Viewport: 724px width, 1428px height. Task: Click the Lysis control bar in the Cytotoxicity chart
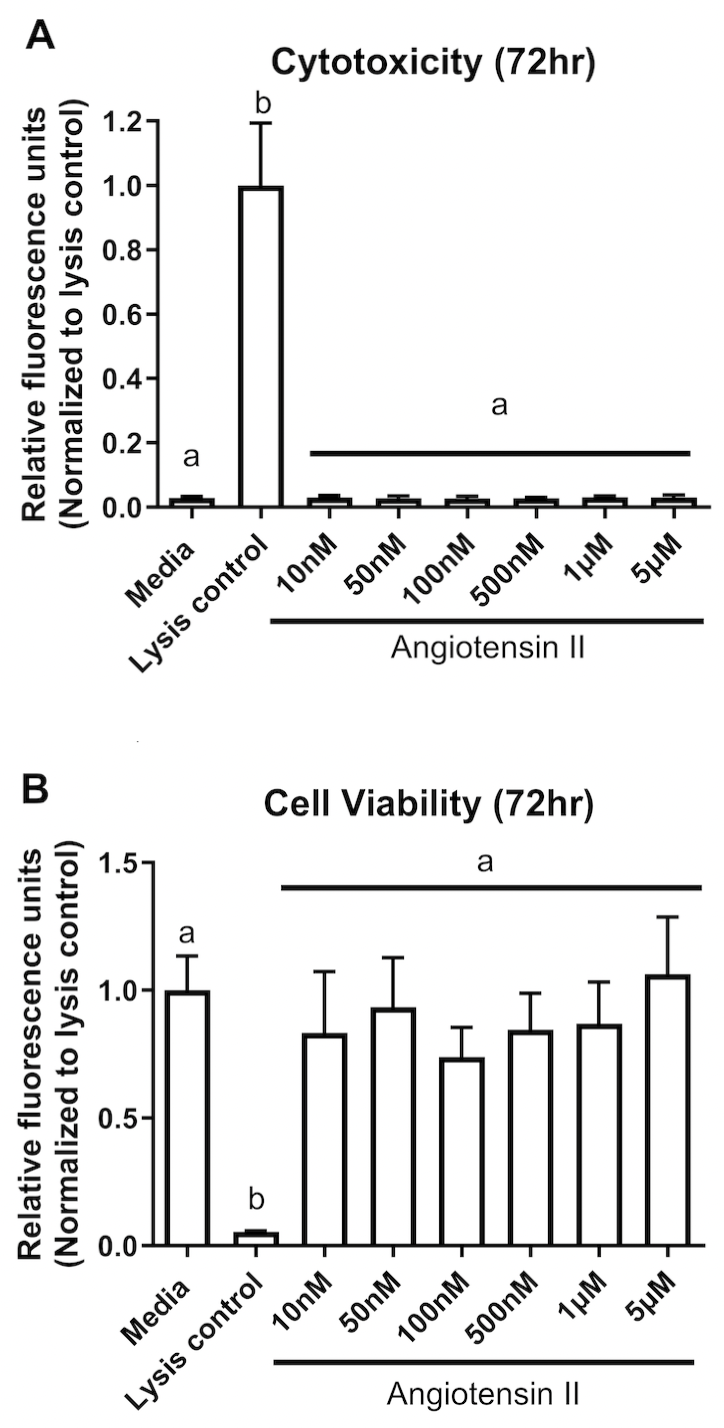tap(260, 347)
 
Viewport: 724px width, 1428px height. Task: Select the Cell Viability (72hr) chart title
tap(428, 804)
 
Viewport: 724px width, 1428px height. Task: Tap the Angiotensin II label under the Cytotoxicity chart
tap(487, 648)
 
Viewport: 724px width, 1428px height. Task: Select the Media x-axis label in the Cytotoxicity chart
tap(161, 574)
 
